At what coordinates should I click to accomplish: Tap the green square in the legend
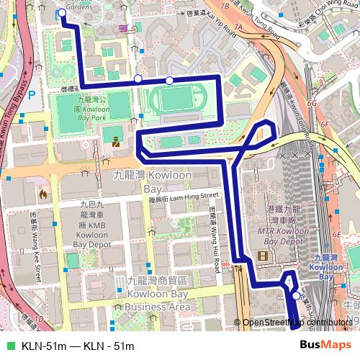click(9, 345)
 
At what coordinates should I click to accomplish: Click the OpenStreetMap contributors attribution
click(297, 323)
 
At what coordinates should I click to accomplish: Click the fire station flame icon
click(43, 194)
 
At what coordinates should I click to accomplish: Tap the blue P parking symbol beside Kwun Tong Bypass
click(31, 92)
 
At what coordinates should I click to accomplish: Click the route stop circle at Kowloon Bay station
click(296, 295)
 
